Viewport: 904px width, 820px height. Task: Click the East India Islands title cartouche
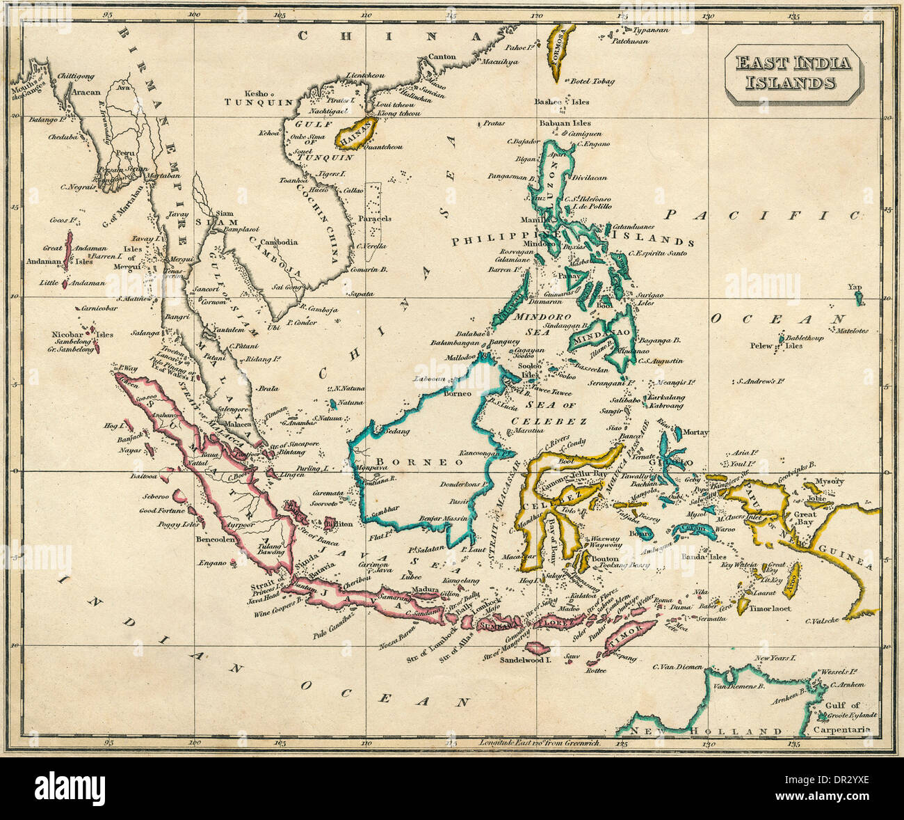coord(793,74)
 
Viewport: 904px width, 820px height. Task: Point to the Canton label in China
coord(442,56)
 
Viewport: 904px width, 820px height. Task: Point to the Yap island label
coord(854,287)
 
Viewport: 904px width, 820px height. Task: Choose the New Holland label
coord(702,731)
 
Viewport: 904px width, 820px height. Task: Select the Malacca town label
coord(236,423)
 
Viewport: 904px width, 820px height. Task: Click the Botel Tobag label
coord(592,81)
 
